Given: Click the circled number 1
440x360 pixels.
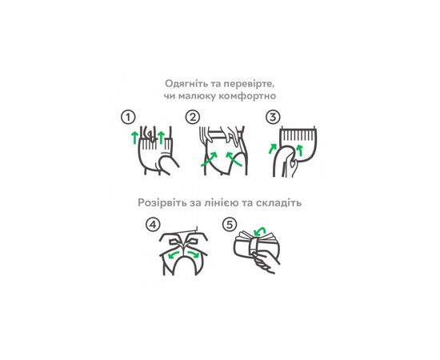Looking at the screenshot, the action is point(128,118).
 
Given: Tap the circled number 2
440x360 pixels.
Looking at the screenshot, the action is point(193,117).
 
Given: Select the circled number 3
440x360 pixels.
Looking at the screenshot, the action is point(273,117).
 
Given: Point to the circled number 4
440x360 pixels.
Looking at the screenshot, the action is point(153,225).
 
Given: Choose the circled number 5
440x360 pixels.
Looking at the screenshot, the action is point(230,225).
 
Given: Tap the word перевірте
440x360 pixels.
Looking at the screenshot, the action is point(251,84).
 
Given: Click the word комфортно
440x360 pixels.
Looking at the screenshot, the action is point(247,96).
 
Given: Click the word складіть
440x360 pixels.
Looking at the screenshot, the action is point(278,202).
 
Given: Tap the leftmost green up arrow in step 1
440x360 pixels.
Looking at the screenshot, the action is point(134,138).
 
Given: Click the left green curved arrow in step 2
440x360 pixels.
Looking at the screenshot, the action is point(209,159).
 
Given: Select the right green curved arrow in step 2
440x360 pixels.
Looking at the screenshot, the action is point(234,159).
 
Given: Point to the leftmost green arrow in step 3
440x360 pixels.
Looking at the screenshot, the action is point(272,149).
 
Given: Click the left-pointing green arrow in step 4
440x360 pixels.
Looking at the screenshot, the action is point(174,254).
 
